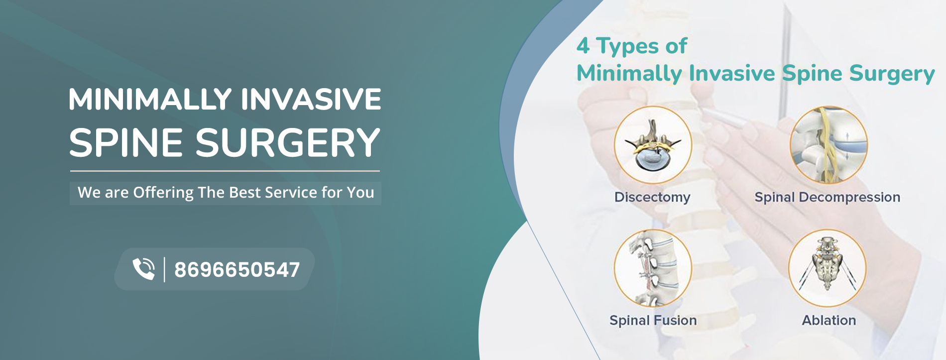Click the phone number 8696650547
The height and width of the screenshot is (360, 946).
pos(237,270)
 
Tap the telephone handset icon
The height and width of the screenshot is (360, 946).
pos(144,269)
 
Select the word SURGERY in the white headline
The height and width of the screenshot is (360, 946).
pos(288,143)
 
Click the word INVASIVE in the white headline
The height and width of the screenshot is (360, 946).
pos(311,99)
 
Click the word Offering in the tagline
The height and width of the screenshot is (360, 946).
pos(163,193)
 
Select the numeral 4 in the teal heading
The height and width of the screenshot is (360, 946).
pos(583,46)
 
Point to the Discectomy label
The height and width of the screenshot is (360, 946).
pos(652,197)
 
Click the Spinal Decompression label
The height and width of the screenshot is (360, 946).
pos(828,197)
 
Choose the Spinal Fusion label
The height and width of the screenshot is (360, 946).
pos(653,320)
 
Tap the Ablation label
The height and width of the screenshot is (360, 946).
pos(829,320)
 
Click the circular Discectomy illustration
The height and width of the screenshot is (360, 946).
pos(653,145)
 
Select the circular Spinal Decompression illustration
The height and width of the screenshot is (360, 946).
pos(828,145)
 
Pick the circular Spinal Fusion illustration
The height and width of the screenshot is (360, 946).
pos(653,268)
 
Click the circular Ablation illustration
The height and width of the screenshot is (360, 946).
pos(828,268)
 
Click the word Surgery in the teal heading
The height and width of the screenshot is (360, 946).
pos(892,74)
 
